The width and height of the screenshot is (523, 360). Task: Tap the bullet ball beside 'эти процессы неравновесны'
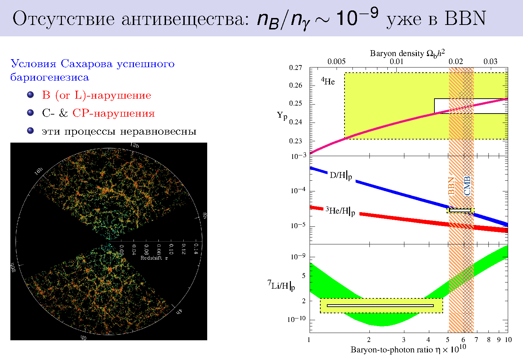(30, 131)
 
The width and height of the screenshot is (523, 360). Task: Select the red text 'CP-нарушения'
(113, 114)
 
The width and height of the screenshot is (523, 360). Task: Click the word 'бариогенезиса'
(50, 78)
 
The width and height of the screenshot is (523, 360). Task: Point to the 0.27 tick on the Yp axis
(296, 67)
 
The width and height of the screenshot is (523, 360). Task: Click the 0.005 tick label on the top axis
(336, 62)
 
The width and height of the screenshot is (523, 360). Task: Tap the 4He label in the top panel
(328, 81)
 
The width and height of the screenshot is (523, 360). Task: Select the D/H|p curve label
(341, 175)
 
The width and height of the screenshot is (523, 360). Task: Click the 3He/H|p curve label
(340, 211)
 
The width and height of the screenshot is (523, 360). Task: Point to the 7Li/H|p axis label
(281, 286)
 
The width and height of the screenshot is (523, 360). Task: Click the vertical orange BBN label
(451, 186)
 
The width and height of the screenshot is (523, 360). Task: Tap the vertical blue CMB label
(467, 186)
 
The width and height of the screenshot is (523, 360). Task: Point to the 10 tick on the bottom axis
(508, 340)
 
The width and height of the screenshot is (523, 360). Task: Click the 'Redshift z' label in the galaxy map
(154, 258)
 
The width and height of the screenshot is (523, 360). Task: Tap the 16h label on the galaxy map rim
(38, 171)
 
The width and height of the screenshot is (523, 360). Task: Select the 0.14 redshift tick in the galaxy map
(196, 248)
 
